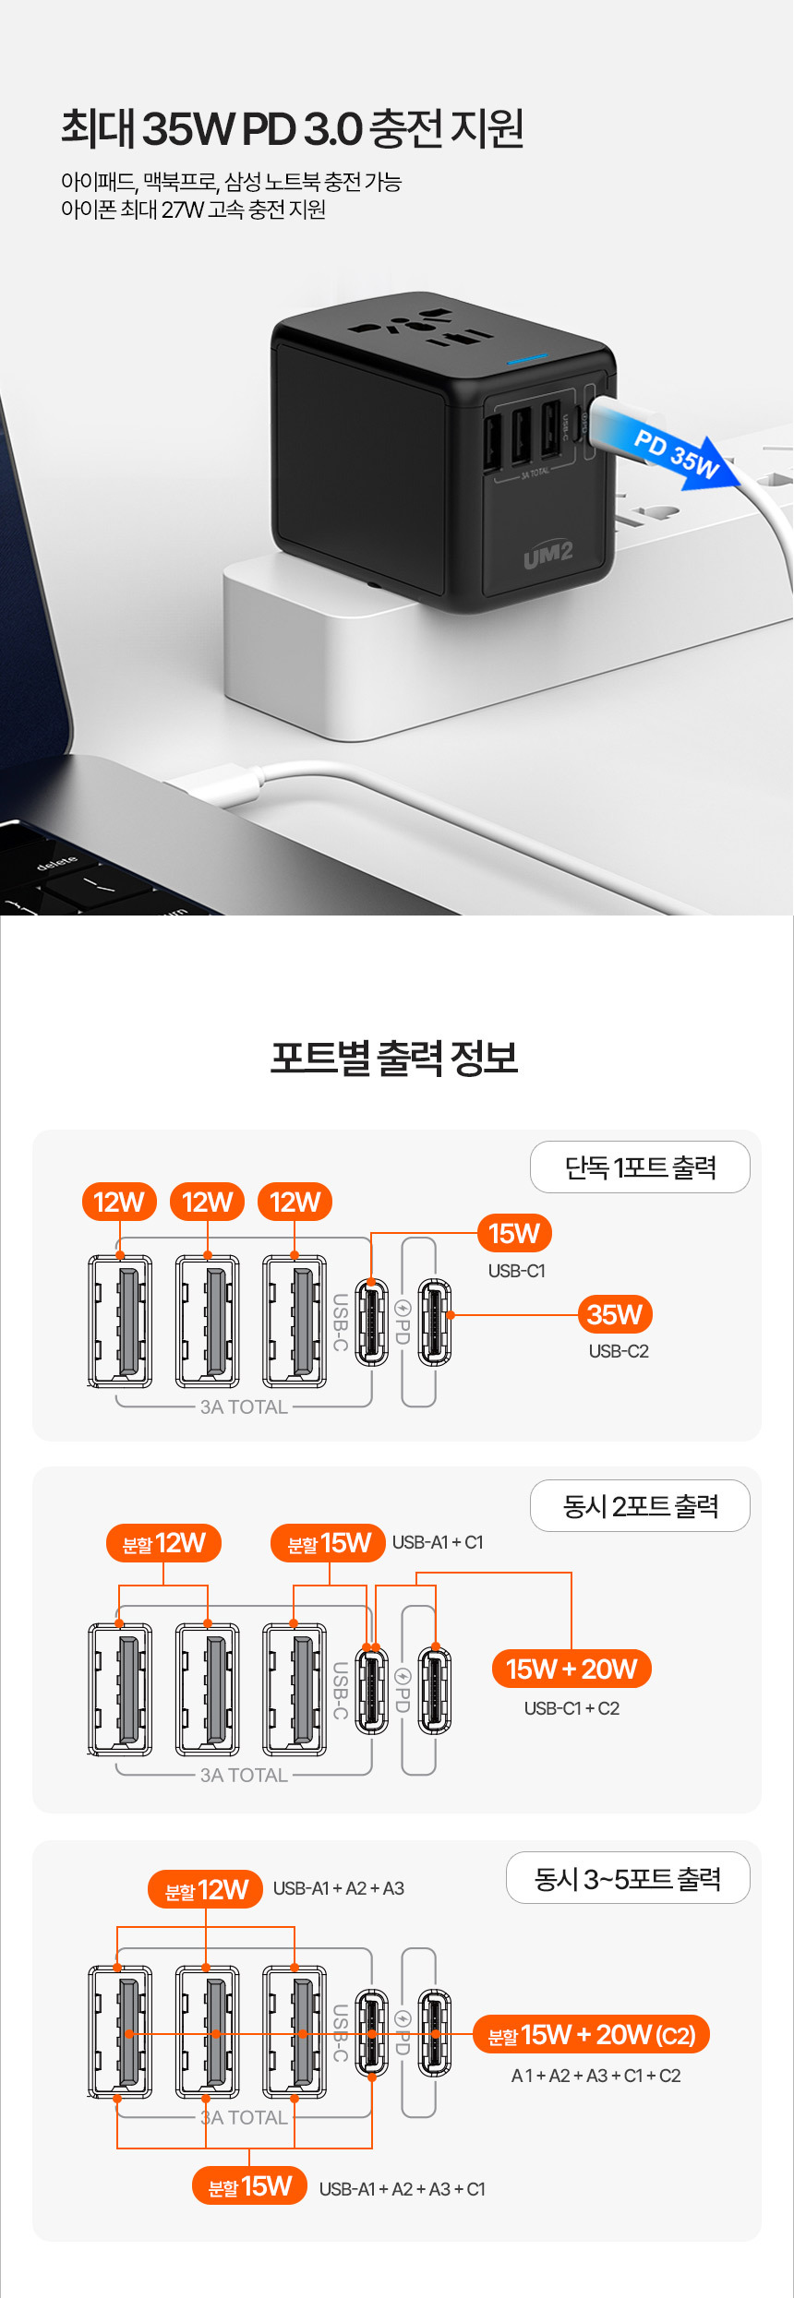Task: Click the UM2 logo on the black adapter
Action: click(x=547, y=556)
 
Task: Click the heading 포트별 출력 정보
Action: click(x=394, y=1058)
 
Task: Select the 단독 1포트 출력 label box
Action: click(x=640, y=1167)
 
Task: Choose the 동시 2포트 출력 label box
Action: click(x=640, y=1506)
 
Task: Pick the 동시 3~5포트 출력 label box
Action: click(x=628, y=1878)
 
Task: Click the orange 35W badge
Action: click(x=615, y=1314)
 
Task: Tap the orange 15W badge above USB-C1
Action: click(x=514, y=1233)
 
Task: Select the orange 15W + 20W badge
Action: click(x=571, y=1669)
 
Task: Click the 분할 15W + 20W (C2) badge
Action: click(x=591, y=2035)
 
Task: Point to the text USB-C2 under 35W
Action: click(x=619, y=1351)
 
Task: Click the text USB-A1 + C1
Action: click(x=438, y=1542)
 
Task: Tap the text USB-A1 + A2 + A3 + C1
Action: click(x=402, y=2189)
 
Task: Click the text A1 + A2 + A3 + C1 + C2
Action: click(x=595, y=2076)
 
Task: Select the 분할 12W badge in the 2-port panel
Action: click(x=164, y=1543)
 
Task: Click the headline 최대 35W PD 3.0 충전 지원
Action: click(x=293, y=128)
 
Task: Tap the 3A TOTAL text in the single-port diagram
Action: click(x=244, y=1407)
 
